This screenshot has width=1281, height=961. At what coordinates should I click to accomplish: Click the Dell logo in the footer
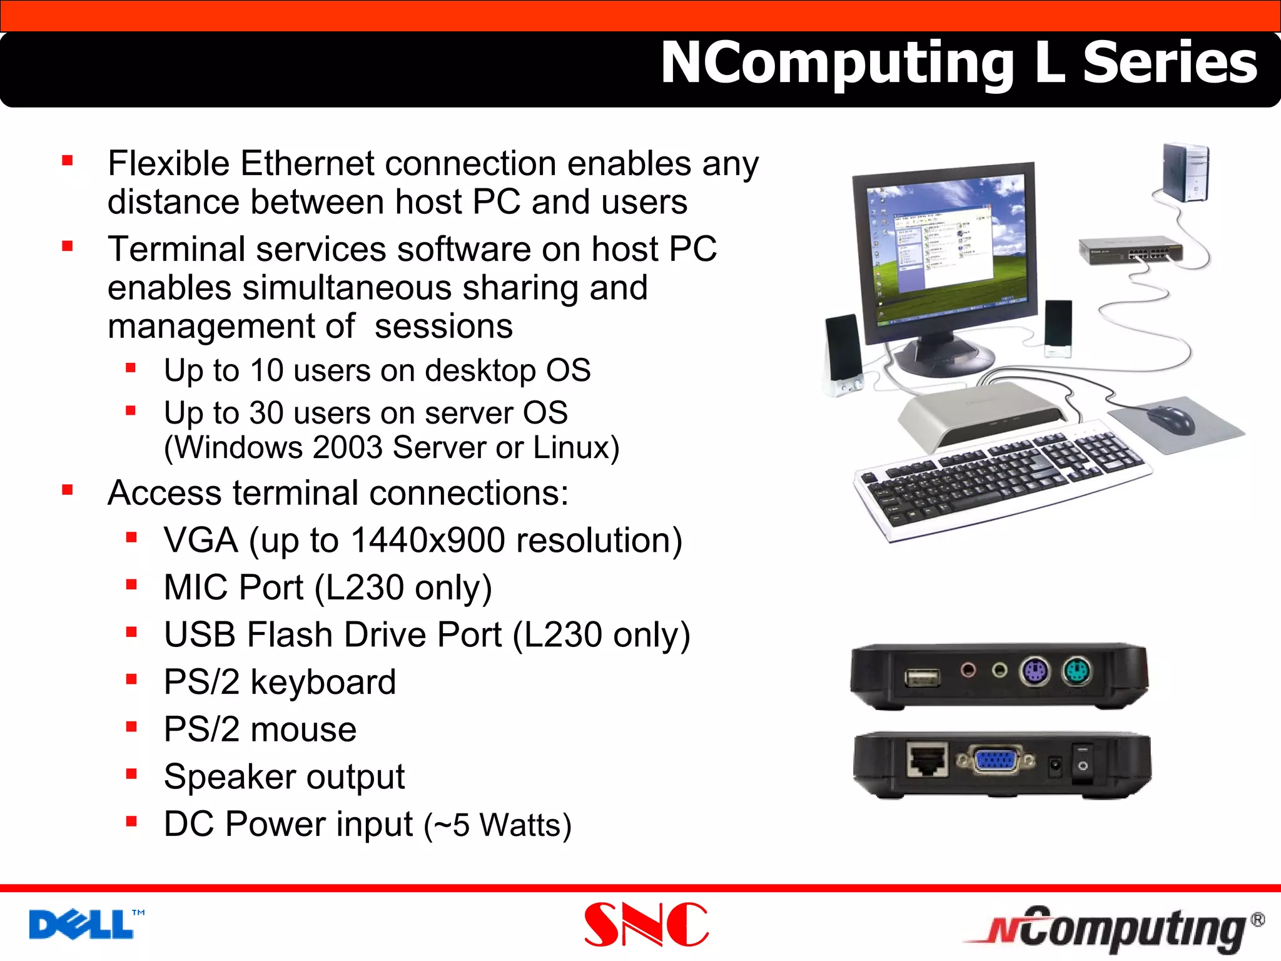point(81,925)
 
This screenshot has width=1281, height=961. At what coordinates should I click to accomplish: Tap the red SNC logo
point(646,925)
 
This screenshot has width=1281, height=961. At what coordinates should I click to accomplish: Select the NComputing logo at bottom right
point(1113,928)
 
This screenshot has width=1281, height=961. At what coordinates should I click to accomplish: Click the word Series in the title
point(1169,63)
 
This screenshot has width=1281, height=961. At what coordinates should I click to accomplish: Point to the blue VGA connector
point(996,761)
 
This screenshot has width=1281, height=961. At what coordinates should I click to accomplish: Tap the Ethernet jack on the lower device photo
point(927,760)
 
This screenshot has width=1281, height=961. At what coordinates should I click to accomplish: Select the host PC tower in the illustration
point(1185,173)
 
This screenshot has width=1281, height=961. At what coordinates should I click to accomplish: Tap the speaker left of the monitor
point(843,354)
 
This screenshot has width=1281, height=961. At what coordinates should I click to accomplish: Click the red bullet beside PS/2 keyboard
point(131,679)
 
